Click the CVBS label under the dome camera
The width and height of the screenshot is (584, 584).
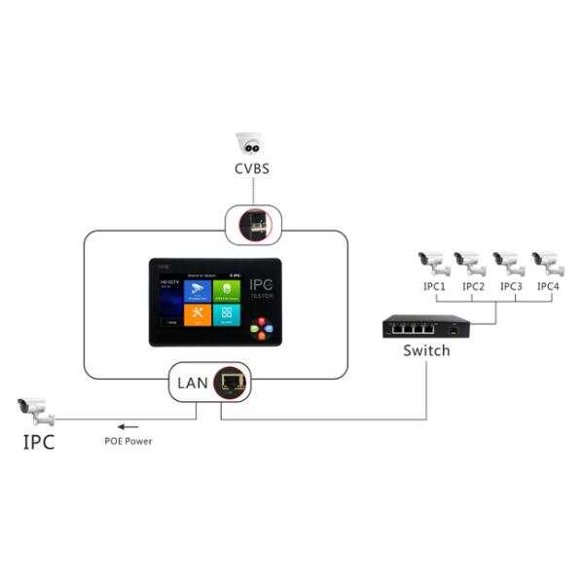251,168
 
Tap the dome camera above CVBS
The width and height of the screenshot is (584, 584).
250,143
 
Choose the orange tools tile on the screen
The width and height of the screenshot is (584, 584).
198,314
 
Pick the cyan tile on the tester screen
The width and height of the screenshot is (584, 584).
227,314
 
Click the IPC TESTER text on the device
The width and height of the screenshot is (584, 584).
261,290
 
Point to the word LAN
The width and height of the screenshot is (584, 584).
192,382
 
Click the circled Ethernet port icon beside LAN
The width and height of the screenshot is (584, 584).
231,381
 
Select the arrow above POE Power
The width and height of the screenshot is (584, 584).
128,425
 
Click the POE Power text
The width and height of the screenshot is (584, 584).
128,441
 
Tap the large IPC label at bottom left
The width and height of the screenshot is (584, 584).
39,444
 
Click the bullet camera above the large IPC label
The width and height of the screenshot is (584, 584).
36,410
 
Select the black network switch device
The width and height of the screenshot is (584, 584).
424,327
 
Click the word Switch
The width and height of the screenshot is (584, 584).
426,350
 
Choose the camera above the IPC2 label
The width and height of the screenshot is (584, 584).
470,262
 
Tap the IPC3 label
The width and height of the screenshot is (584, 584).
512,287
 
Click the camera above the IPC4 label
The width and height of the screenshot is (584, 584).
547,262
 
